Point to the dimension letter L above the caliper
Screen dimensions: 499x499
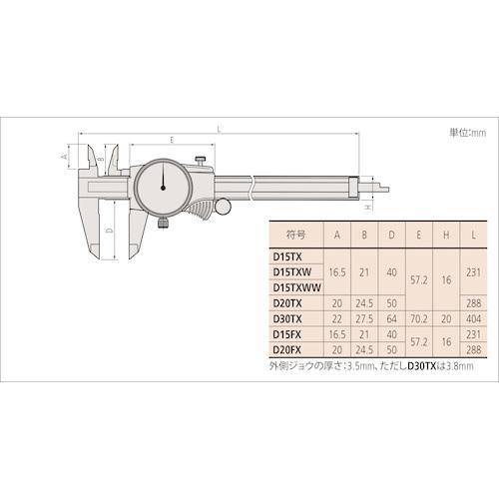pyautogui.click(x=219, y=128)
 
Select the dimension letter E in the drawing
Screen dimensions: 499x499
pyautogui.click(x=173, y=141)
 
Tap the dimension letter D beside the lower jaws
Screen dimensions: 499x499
pyautogui.click(x=109, y=231)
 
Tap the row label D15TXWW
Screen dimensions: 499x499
pyautogui.click(x=298, y=285)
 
